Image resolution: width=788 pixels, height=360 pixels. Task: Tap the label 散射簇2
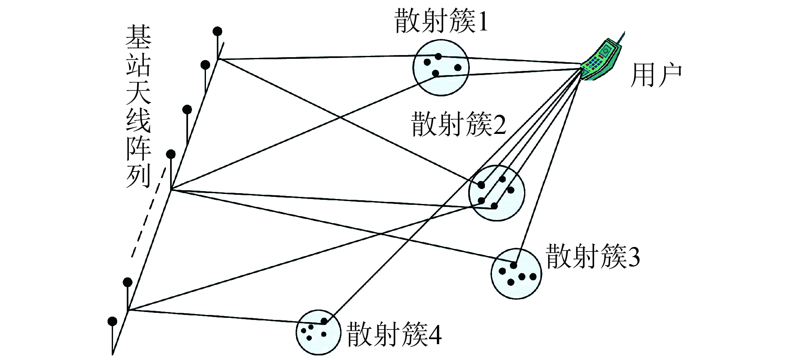[459, 124]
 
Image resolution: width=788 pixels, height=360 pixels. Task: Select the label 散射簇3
[593, 256]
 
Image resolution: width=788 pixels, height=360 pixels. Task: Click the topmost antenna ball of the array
[217, 31]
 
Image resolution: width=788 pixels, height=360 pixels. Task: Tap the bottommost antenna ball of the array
[112, 321]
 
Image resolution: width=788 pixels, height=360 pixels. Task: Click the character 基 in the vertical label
[139, 37]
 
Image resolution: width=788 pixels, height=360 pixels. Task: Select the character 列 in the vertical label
[138, 176]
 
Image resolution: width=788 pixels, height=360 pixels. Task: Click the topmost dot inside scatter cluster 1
[438, 56]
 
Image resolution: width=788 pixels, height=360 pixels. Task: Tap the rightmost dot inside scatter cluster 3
[532, 276]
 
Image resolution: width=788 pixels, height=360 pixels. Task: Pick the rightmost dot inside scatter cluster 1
[458, 68]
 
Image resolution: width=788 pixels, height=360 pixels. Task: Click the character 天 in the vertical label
[138, 93]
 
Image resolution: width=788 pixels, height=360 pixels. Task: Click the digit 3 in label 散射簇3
[634, 258]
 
